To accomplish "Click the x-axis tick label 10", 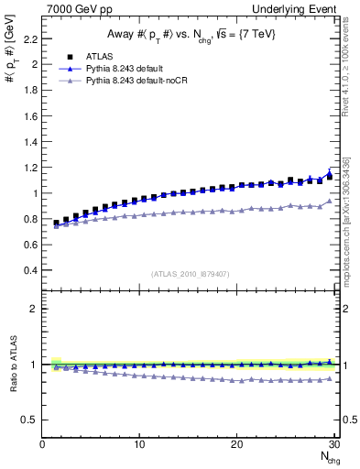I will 138,444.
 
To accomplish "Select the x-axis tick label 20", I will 236,444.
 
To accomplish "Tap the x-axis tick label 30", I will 333,444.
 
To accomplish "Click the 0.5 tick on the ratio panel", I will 29,420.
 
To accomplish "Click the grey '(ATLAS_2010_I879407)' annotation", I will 189,273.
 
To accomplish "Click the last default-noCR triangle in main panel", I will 330,202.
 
